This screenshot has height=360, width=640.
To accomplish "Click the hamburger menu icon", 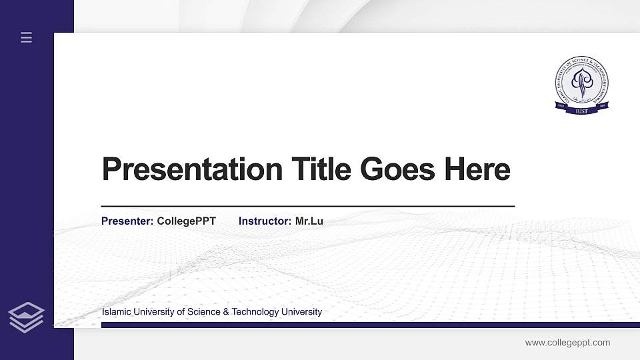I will pyautogui.click(x=26, y=37).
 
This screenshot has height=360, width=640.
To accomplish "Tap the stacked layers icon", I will pyautogui.click(x=26, y=317).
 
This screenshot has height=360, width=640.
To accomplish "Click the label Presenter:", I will pyautogui.click(x=127, y=221).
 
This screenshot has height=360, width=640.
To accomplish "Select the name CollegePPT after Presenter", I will pyautogui.click(x=187, y=221).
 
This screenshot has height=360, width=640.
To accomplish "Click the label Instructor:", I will pyautogui.click(x=265, y=221).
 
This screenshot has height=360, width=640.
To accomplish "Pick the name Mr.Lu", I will pyautogui.click(x=309, y=221).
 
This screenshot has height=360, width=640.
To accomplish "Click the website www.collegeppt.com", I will pyautogui.click(x=567, y=343).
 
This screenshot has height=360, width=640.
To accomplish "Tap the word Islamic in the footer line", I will pyautogui.click(x=116, y=312).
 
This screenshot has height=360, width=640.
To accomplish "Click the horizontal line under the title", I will pyautogui.click(x=307, y=207).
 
